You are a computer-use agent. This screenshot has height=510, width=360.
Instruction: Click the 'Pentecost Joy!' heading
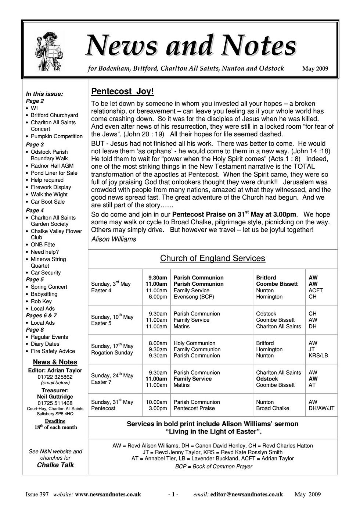tap(122, 91)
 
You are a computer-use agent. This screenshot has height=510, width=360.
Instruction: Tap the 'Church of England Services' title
tap(212, 258)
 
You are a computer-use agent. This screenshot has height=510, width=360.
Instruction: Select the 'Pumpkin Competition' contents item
tap(57, 136)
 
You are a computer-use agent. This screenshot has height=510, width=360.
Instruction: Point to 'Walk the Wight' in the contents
tap(49, 195)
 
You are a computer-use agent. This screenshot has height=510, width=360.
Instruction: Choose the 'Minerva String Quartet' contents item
tap(48, 263)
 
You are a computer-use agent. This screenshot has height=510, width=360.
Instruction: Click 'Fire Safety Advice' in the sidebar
tap(53, 351)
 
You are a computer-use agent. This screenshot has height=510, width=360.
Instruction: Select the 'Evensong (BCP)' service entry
tap(194, 297)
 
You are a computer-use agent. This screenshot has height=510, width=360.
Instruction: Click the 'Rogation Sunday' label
tap(112, 353)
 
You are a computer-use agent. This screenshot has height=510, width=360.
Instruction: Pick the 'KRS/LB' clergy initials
tap(318, 356)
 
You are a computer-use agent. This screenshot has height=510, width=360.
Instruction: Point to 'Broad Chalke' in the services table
tap(273, 408)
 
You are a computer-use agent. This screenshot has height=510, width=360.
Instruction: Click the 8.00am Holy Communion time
tap(158, 343)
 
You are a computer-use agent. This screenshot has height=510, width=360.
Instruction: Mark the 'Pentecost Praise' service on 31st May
tap(194, 408)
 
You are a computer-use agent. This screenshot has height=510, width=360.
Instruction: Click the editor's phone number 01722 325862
tap(55, 377)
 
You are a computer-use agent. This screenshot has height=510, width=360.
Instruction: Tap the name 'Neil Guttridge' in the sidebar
tap(55, 397)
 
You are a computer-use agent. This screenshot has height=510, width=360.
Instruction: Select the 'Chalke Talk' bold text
tap(55, 465)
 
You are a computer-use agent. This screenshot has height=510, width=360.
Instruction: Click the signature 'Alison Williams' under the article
tap(114, 239)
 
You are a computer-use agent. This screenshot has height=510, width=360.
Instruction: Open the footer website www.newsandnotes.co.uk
tap(108, 495)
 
